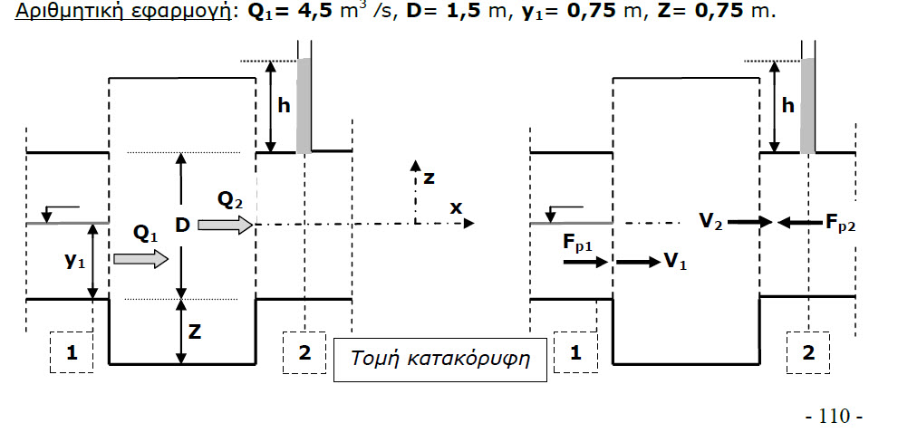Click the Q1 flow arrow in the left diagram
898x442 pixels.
point(141,260)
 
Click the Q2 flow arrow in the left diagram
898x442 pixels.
point(224,223)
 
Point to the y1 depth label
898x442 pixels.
point(75,260)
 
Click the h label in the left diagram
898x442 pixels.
point(284,105)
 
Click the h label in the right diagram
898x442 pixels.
point(787,105)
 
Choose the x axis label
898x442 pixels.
point(456,207)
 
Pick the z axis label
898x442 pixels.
point(429,177)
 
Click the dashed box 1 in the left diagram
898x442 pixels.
point(72,354)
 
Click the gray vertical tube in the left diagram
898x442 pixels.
point(304,105)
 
